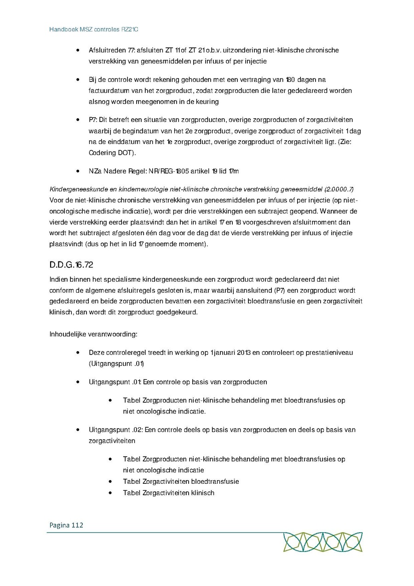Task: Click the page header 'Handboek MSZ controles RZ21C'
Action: [x=94, y=29]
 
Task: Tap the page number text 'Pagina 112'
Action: [x=65, y=525]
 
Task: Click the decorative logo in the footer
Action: [x=322, y=542]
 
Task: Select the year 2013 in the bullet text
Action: [x=244, y=353]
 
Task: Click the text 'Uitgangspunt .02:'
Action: [x=115, y=430]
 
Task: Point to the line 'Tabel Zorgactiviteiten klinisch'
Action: [x=168, y=493]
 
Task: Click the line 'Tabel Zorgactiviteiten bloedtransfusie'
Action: [x=181, y=482]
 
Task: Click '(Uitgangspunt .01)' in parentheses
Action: [x=116, y=364]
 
